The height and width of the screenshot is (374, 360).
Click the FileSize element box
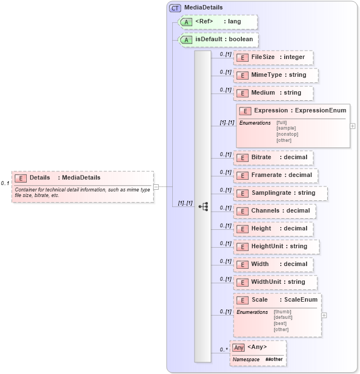click(273, 57)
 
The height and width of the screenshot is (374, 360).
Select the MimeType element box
click(276, 75)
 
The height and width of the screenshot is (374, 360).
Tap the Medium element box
click(273, 93)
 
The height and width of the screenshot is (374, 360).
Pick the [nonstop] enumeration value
click(287, 134)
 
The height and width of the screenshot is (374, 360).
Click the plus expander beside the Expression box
click(352, 126)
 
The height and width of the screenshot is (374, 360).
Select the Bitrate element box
click(273, 158)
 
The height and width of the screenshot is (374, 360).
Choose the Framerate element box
click(276, 175)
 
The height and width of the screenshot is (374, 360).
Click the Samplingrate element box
click(280, 193)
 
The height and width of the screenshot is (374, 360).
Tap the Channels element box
click(275, 211)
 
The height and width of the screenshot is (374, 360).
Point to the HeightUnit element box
click(276, 246)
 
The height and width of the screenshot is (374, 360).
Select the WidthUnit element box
click(275, 282)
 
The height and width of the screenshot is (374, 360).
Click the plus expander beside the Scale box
click(324, 315)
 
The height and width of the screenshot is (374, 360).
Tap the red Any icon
click(239, 347)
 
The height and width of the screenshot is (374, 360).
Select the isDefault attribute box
click(218, 40)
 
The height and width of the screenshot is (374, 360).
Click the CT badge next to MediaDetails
click(175, 8)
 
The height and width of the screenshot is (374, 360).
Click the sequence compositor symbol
click(203, 206)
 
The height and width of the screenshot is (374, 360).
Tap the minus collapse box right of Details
click(156, 186)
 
